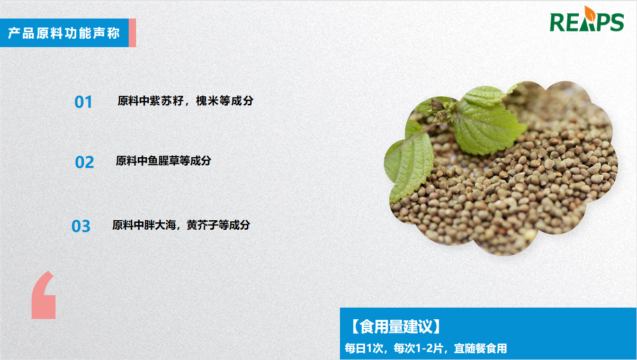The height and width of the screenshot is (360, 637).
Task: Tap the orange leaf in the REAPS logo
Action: (x=590, y=13)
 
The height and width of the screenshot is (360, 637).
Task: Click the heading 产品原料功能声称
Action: (x=64, y=33)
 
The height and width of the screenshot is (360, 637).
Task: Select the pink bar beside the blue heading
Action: (x=132, y=33)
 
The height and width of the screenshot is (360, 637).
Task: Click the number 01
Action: (x=83, y=102)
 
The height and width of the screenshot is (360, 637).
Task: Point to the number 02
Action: (x=85, y=163)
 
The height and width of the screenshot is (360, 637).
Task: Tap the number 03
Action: (x=81, y=227)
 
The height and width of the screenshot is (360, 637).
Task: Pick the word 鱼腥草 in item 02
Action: (x=164, y=161)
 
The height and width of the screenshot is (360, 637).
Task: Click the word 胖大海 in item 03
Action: (x=160, y=225)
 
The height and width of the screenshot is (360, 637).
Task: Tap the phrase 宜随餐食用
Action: (x=480, y=348)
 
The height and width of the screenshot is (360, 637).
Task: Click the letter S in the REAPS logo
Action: (x=616, y=22)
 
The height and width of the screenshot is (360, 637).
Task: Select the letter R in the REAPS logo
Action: (x=558, y=22)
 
